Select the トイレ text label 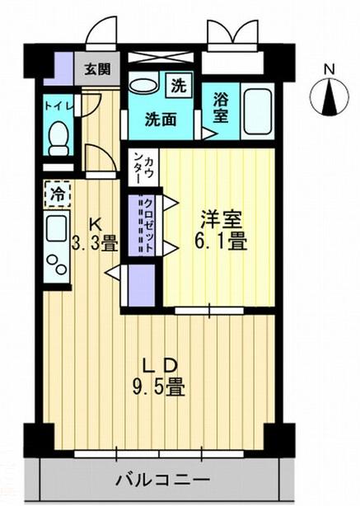pyautogui.click(x=57, y=106)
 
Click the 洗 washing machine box pyautogui.click(x=178, y=84)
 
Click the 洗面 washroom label pyautogui.click(x=162, y=119)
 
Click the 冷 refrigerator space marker pyautogui.click(x=57, y=194)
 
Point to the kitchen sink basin pyautogui.click(x=57, y=229)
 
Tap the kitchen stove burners pyautogui.click(x=57, y=265)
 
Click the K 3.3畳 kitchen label pyautogui.click(x=96, y=235)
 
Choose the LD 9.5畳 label pyautogui.click(x=160, y=375)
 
